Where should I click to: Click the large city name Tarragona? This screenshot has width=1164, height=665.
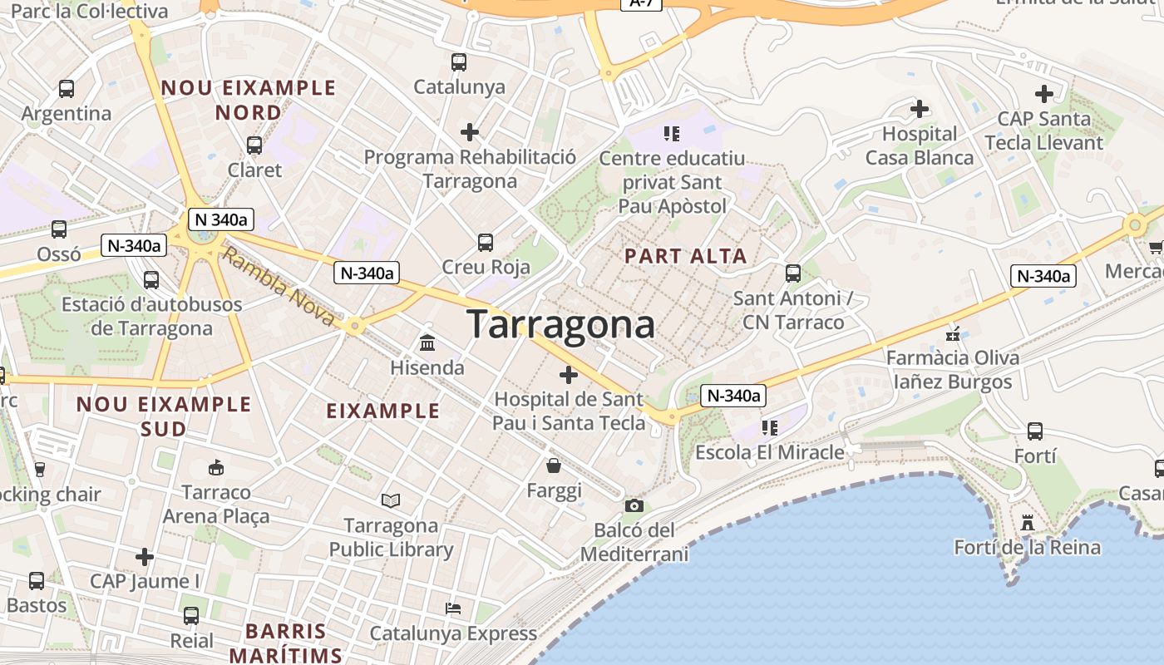click(x=561, y=323)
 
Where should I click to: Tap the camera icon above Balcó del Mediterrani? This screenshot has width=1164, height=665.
click(x=634, y=505)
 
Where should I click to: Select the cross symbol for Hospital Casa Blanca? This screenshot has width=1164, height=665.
click(x=920, y=109)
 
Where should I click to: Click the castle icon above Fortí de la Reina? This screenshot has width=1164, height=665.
click(x=1028, y=524)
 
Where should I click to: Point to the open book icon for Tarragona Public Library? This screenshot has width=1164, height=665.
click(x=391, y=500)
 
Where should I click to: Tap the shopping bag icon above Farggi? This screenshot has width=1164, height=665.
click(x=554, y=465)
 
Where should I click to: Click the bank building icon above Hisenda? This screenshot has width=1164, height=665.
click(x=427, y=342)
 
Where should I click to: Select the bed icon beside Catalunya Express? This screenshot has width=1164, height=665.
click(x=453, y=608)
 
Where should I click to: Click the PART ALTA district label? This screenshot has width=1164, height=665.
click(x=686, y=256)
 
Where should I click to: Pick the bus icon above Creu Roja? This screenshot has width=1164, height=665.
click(x=486, y=243)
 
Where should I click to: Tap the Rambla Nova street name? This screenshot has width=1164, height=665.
click(x=279, y=288)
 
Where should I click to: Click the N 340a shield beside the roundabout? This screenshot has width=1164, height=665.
click(x=221, y=219)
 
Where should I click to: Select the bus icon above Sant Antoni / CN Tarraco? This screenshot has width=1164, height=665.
click(x=793, y=273)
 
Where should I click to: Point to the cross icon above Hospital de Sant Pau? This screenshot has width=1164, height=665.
click(x=569, y=375)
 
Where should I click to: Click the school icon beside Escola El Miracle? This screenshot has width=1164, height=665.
click(x=770, y=428)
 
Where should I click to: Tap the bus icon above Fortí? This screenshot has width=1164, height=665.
click(x=1035, y=431)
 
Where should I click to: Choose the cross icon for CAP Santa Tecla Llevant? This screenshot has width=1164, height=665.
click(x=1044, y=94)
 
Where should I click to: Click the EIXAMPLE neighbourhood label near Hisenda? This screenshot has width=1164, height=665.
click(x=383, y=411)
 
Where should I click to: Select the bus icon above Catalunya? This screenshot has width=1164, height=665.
click(x=459, y=62)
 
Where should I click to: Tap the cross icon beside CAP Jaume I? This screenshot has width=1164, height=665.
click(x=145, y=556)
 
